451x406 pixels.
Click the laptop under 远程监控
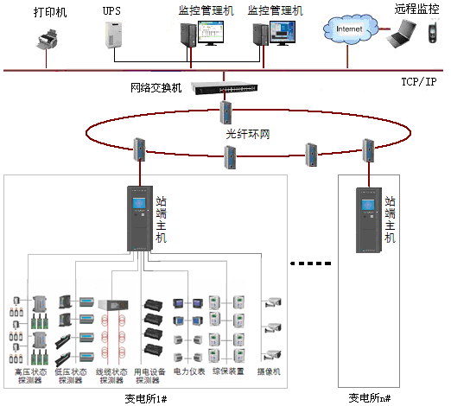[x=400, y=35]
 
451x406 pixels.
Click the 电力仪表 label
[x=189, y=371]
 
